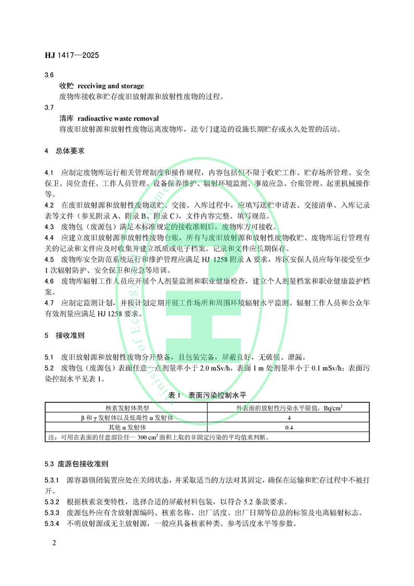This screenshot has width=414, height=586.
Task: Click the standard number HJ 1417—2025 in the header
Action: (x=72, y=55)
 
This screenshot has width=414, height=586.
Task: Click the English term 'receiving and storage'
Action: (x=111, y=86)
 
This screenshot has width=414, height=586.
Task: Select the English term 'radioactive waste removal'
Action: (x=120, y=119)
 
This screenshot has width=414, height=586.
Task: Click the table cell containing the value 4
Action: (x=289, y=418)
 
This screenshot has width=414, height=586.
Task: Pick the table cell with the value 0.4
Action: (x=289, y=428)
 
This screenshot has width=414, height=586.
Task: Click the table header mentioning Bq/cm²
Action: (x=289, y=407)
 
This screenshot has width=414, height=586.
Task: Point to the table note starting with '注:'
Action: (x=157, y=438)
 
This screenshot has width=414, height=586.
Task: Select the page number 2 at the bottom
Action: (x=54, y=543)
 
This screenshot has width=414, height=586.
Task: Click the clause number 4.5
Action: (x=49, y=259)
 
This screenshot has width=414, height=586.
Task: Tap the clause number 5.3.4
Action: (x=53, y=523)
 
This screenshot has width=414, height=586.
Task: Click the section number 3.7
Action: (x=49, y=108)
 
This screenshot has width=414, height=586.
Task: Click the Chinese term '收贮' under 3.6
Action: (x=66, y=86)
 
